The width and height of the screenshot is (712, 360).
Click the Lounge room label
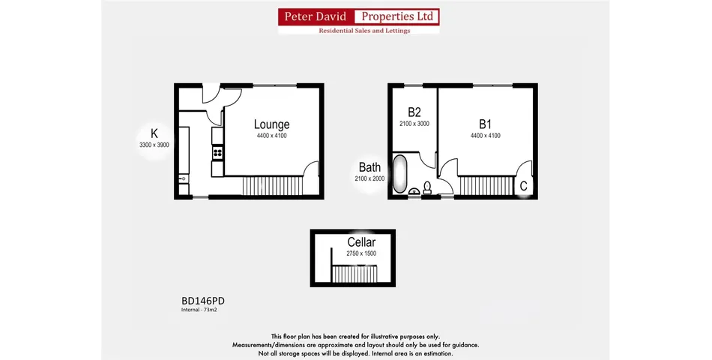point(271,124)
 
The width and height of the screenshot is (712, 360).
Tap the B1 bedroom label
point(485,124)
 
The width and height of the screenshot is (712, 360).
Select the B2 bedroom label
point(414,112)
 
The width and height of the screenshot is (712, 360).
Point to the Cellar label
point(361,242)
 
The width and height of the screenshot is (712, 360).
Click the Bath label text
point(369,167)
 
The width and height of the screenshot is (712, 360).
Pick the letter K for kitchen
point(154,133)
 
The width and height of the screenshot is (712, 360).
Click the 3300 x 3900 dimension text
point(154,145)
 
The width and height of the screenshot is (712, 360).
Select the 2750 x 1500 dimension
point(361,253)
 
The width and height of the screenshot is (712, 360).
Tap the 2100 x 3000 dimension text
point(414,124)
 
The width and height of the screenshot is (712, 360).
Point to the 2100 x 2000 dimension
point(369,178)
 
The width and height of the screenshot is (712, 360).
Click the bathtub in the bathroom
point(399,174)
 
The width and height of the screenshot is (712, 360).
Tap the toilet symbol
point(427,187)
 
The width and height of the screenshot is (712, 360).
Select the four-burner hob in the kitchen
point(217,153)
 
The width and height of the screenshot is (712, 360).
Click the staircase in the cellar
point(355,274)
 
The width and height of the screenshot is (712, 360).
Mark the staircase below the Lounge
point(273,186)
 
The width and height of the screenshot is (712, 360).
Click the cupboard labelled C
point(523,185)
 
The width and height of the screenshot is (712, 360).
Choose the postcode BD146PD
point(203,301)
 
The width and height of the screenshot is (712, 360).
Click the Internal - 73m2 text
point(199,310)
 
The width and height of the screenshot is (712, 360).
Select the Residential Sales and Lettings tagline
point(364,31)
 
